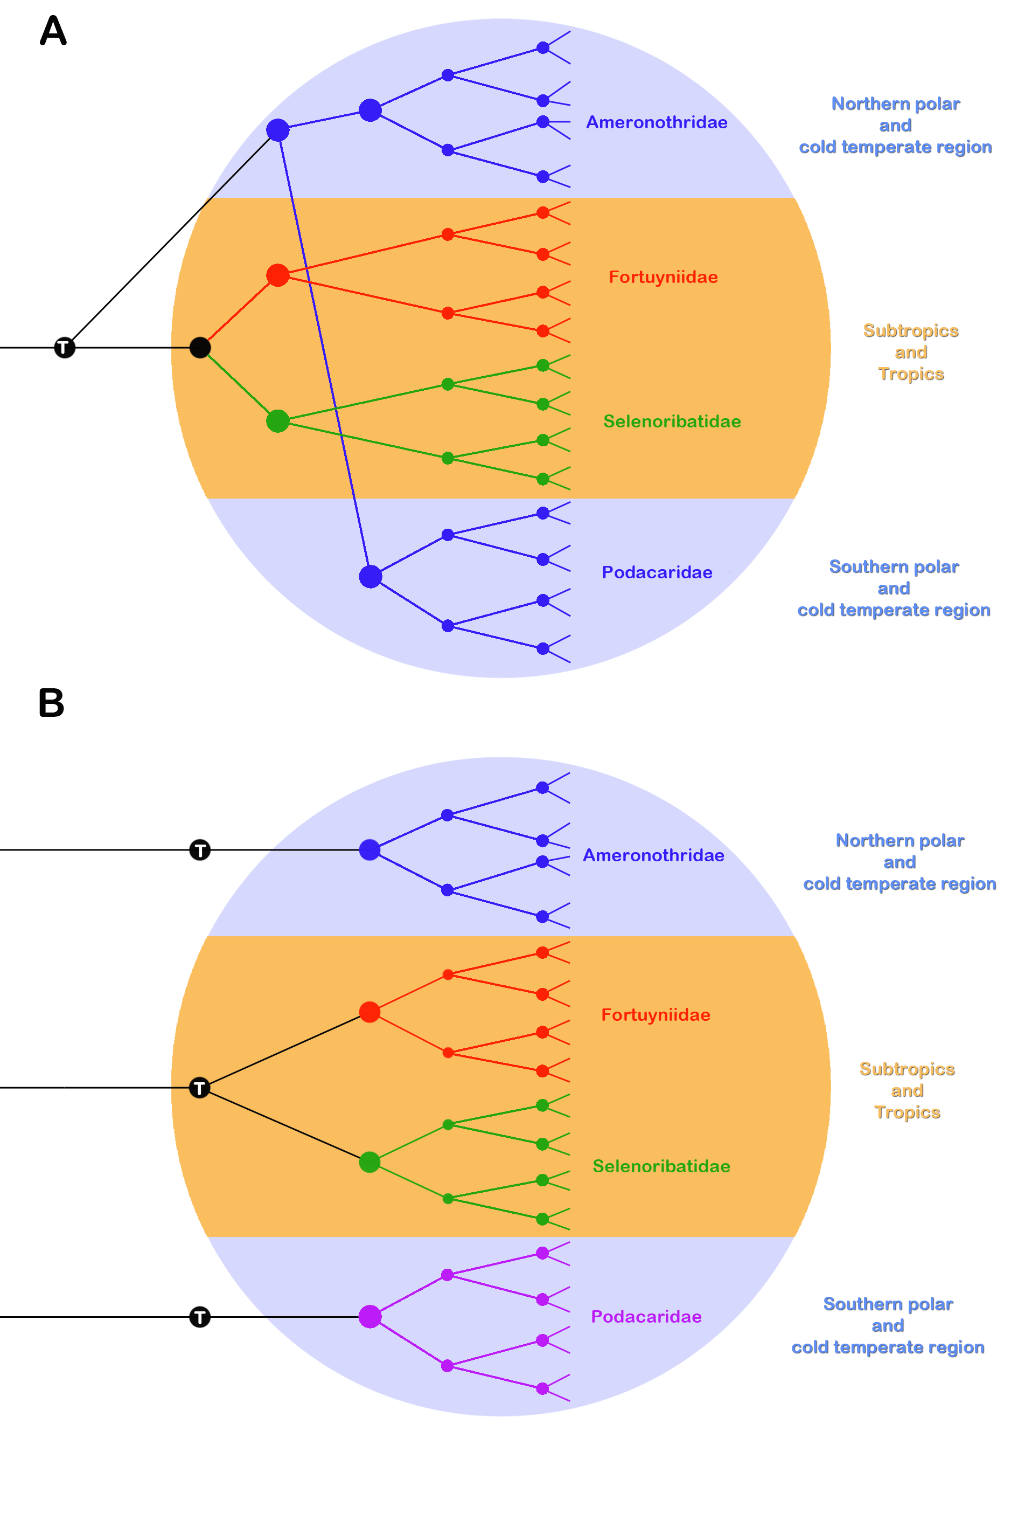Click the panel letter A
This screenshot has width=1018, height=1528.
(53, 31)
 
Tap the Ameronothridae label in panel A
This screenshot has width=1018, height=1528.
(657, 122)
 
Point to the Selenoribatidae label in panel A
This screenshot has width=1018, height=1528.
(672, 421)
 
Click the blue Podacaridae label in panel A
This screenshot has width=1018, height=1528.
(657, 572)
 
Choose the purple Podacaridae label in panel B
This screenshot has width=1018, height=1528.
(646, 1317)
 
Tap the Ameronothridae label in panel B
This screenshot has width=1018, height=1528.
(653, 855)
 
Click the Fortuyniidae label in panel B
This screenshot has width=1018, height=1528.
(655, 1015)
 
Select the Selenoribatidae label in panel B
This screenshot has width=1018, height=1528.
(661, 1166)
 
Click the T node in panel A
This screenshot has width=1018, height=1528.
(64, 348)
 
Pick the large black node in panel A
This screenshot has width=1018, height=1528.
(200, 348)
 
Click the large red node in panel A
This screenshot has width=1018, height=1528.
(278, 275)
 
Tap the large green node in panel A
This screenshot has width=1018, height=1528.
(278, 421)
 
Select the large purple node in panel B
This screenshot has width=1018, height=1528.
(370, 1317)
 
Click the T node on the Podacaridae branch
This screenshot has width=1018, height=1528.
(200, 1317)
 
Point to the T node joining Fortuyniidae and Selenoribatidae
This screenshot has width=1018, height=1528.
(200, 1088)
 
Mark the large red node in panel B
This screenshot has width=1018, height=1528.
(369, 1012)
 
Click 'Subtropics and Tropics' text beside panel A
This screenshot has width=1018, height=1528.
(910, 352)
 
